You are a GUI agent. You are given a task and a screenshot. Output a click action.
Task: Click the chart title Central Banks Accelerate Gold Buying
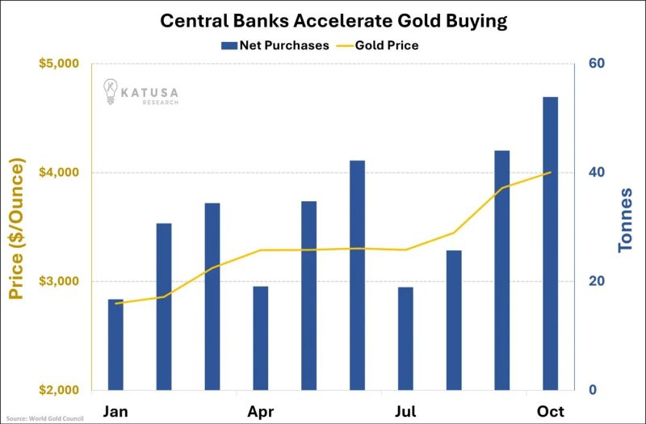pos(322,19)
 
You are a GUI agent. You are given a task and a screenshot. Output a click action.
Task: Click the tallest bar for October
pos(550,242)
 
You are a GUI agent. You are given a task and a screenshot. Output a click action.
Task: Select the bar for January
pos(115,344)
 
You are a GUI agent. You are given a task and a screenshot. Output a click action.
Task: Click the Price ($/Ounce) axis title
pos(18,228)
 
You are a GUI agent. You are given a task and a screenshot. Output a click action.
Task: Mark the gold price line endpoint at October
pos(550,172)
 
